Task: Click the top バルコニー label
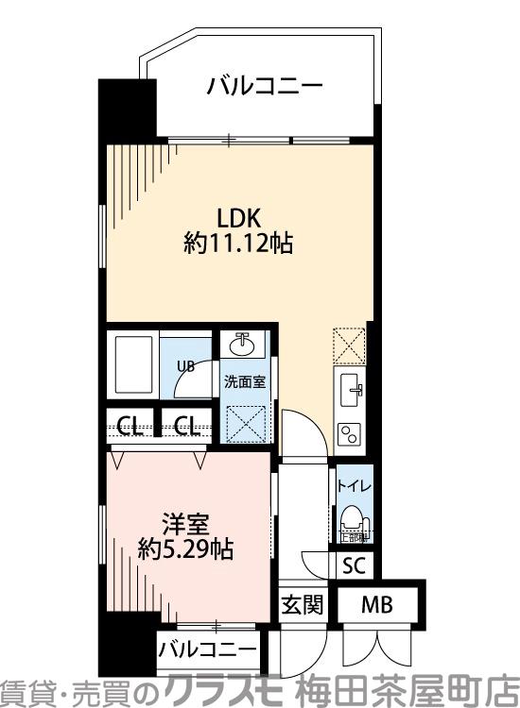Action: point(265,88)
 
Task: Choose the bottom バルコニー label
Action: point(207,649)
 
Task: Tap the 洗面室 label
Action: point(244,382)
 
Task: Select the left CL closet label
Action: point(131,426)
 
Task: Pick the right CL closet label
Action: point(187,426)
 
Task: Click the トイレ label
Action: point(355,486)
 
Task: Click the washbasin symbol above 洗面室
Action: point(243,345)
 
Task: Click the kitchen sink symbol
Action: point(349,387)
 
